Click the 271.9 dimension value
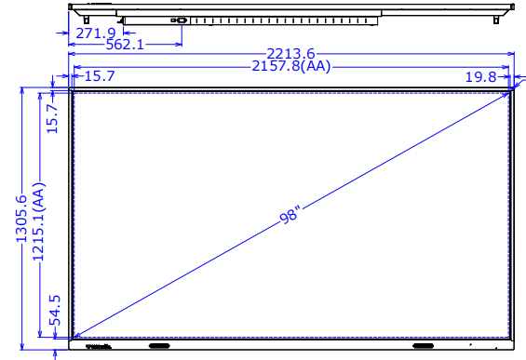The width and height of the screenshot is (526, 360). [96, 33]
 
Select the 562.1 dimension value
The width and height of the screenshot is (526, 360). [125, 45]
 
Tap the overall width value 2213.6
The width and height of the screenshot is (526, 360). [290, 54]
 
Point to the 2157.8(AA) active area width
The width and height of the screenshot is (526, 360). [291, 66]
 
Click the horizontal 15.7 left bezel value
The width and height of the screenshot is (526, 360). [100, 76]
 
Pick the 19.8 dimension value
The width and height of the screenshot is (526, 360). [480, 77]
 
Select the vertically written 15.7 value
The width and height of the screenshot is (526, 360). [52, 118]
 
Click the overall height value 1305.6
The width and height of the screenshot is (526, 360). [21, 219]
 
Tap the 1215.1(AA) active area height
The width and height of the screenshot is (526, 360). [38, 221]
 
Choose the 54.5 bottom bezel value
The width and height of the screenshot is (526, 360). [55, 311]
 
